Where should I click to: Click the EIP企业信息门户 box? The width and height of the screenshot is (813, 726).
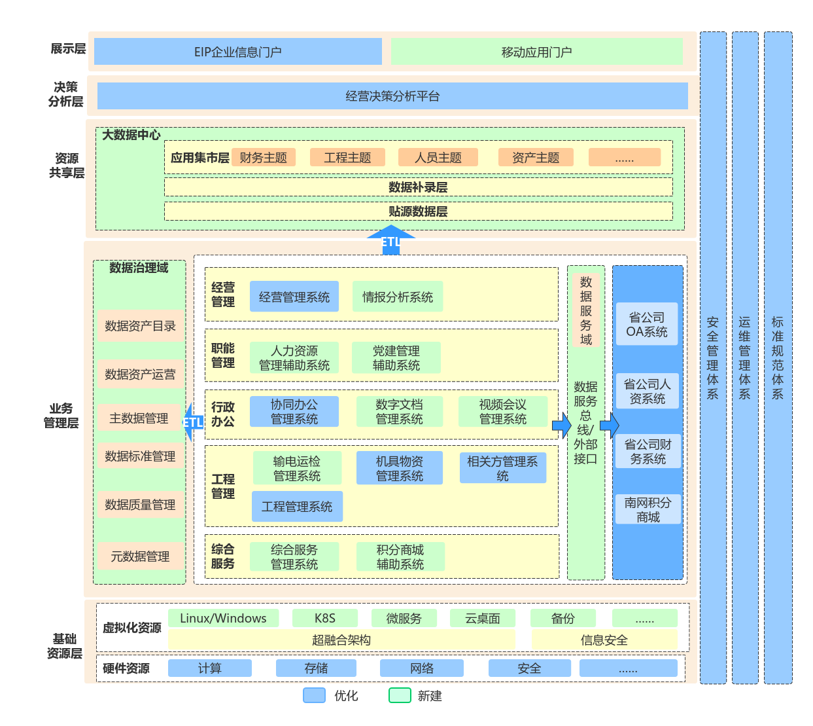point(238,52)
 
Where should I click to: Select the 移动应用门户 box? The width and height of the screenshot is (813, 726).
point(536,52)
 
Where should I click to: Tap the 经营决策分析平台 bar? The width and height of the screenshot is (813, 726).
point(392,96)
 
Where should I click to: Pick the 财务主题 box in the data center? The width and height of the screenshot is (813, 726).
point(264,158)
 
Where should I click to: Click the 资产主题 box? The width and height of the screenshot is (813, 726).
point(536,158)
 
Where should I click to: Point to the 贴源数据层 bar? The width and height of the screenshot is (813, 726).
point(418,211)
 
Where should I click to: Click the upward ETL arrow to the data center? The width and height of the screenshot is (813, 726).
point(390,240)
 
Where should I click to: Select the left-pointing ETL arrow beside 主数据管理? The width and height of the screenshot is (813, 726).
point(192,422)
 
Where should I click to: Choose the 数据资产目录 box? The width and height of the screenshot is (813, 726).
point(140,326)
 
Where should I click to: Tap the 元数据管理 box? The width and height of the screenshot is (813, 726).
point(140,556)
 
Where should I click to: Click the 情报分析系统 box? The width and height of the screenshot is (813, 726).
point(398,297)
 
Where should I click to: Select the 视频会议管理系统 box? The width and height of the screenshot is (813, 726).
point(503,412)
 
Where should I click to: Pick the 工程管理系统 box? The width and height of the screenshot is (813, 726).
point(297,507)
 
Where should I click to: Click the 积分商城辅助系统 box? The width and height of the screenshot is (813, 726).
point(400,557)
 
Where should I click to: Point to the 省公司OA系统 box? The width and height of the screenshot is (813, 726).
point(647,324)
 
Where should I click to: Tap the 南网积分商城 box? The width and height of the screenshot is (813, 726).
point(648,509)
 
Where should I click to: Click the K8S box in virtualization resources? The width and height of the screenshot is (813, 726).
point(325,618)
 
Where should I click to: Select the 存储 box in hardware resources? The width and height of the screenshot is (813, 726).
point(316,668)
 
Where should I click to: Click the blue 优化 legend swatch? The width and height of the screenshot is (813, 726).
point(315,695)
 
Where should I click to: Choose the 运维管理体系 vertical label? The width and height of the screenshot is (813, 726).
point(745,357)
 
